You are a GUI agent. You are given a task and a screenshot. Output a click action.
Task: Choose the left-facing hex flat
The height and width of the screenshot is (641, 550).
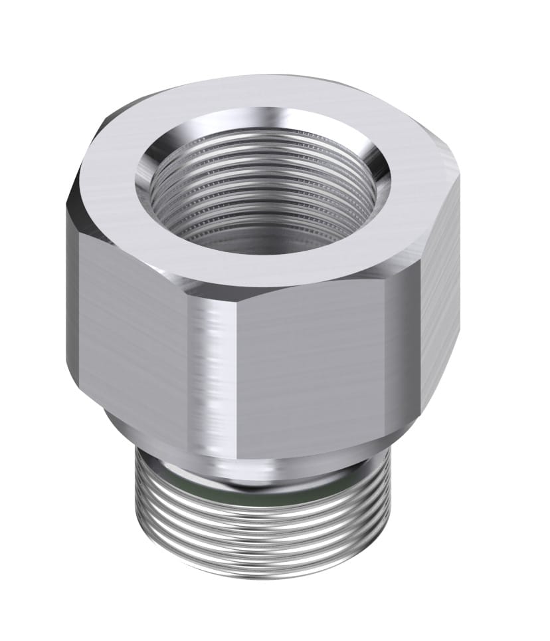[x=133, y=319]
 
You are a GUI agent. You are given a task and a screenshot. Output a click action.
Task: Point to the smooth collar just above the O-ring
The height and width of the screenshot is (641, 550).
[x=266, y=469]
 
